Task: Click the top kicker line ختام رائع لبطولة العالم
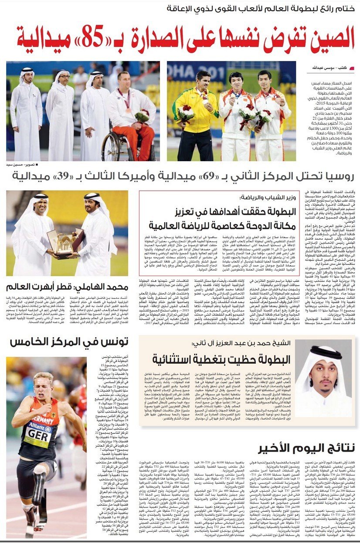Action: [262, 9]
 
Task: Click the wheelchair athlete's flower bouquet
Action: [141, 116]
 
